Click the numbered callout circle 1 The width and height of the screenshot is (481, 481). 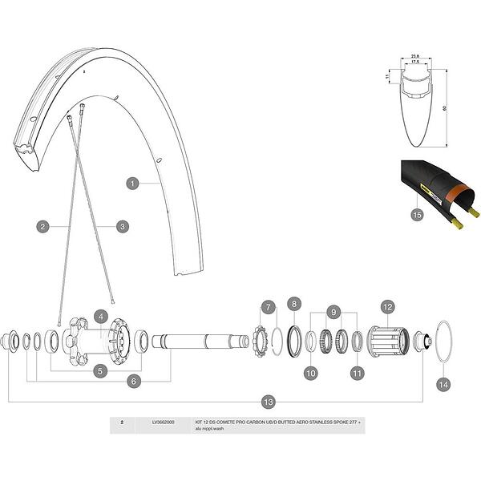pyautogui.click(x=133, y=183)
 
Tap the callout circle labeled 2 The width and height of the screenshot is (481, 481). pyautogui.click(x=42, y=227)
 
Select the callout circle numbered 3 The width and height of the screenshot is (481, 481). pyautogui.click(x=122, y=227)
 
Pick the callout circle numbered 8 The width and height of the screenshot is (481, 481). pyautogui.click(x=294, y=304)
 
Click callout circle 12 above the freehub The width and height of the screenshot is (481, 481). pyautogui.click(x=387, y=306)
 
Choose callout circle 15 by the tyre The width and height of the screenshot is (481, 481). pyautogui.click(x=416, y=215)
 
